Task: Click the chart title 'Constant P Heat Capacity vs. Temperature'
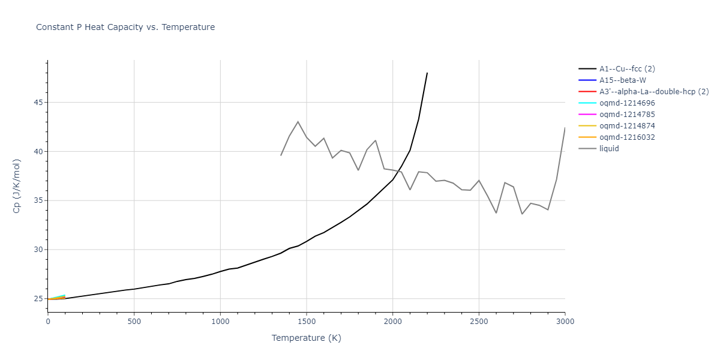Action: point(125,27)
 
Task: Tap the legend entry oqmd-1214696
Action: point(627,103)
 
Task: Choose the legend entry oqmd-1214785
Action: point(627,115)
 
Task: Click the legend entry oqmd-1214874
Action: point(627,126)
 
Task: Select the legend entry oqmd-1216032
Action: point(627,137)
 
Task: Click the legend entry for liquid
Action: point(609,149)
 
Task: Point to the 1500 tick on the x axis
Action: point(307,322)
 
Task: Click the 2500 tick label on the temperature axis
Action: point(479,322)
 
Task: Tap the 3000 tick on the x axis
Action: point(565,322)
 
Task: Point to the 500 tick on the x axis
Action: point(134,322)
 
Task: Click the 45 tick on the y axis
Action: point(38,102)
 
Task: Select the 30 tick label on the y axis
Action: point(38,250)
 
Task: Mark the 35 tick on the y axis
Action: point(38,200)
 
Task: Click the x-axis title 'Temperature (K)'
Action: point(306,338)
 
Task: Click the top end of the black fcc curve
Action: point(427,73)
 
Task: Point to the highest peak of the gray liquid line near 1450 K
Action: point(298,121)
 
